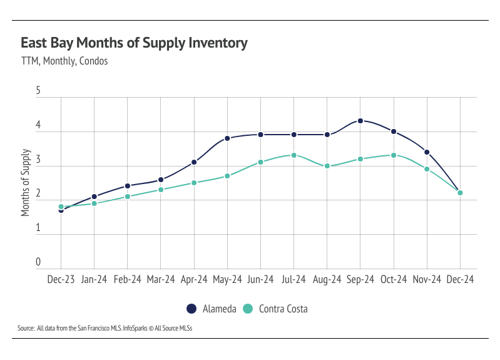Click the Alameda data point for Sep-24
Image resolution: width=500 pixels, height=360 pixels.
360,121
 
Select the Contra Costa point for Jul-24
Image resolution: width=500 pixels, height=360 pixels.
294,155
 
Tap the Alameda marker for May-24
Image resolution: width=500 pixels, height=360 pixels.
227,138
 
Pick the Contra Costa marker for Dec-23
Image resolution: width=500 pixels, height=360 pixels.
61,207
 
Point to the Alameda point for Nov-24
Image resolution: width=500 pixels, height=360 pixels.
427,152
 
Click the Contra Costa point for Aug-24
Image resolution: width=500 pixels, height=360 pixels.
327,166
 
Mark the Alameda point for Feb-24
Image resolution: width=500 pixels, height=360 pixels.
128,186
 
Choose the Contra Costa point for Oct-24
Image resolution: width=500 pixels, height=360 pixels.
394,155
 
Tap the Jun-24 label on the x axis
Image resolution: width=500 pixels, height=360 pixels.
260,280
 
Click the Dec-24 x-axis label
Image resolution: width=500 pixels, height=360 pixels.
460,280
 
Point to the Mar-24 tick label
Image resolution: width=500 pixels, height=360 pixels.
161,280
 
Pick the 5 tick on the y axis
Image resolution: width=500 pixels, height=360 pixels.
38,91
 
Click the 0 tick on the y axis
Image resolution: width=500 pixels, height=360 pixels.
38,262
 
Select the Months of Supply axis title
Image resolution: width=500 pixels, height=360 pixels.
26,183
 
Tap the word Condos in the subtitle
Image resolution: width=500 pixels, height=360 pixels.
94,61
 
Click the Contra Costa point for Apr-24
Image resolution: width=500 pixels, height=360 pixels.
194,183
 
